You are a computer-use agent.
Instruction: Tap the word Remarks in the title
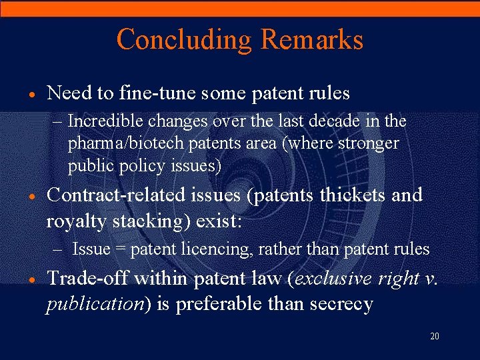coord(312,39)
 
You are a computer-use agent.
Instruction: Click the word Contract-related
coord(115,195)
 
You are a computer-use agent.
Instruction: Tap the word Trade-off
coord(85,279)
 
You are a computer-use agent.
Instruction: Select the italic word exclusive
coord(331,279)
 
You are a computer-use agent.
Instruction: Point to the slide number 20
coord(435,336)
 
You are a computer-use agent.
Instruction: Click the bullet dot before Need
coord(32,94)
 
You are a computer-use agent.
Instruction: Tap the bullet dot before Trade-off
coord(32,280)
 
